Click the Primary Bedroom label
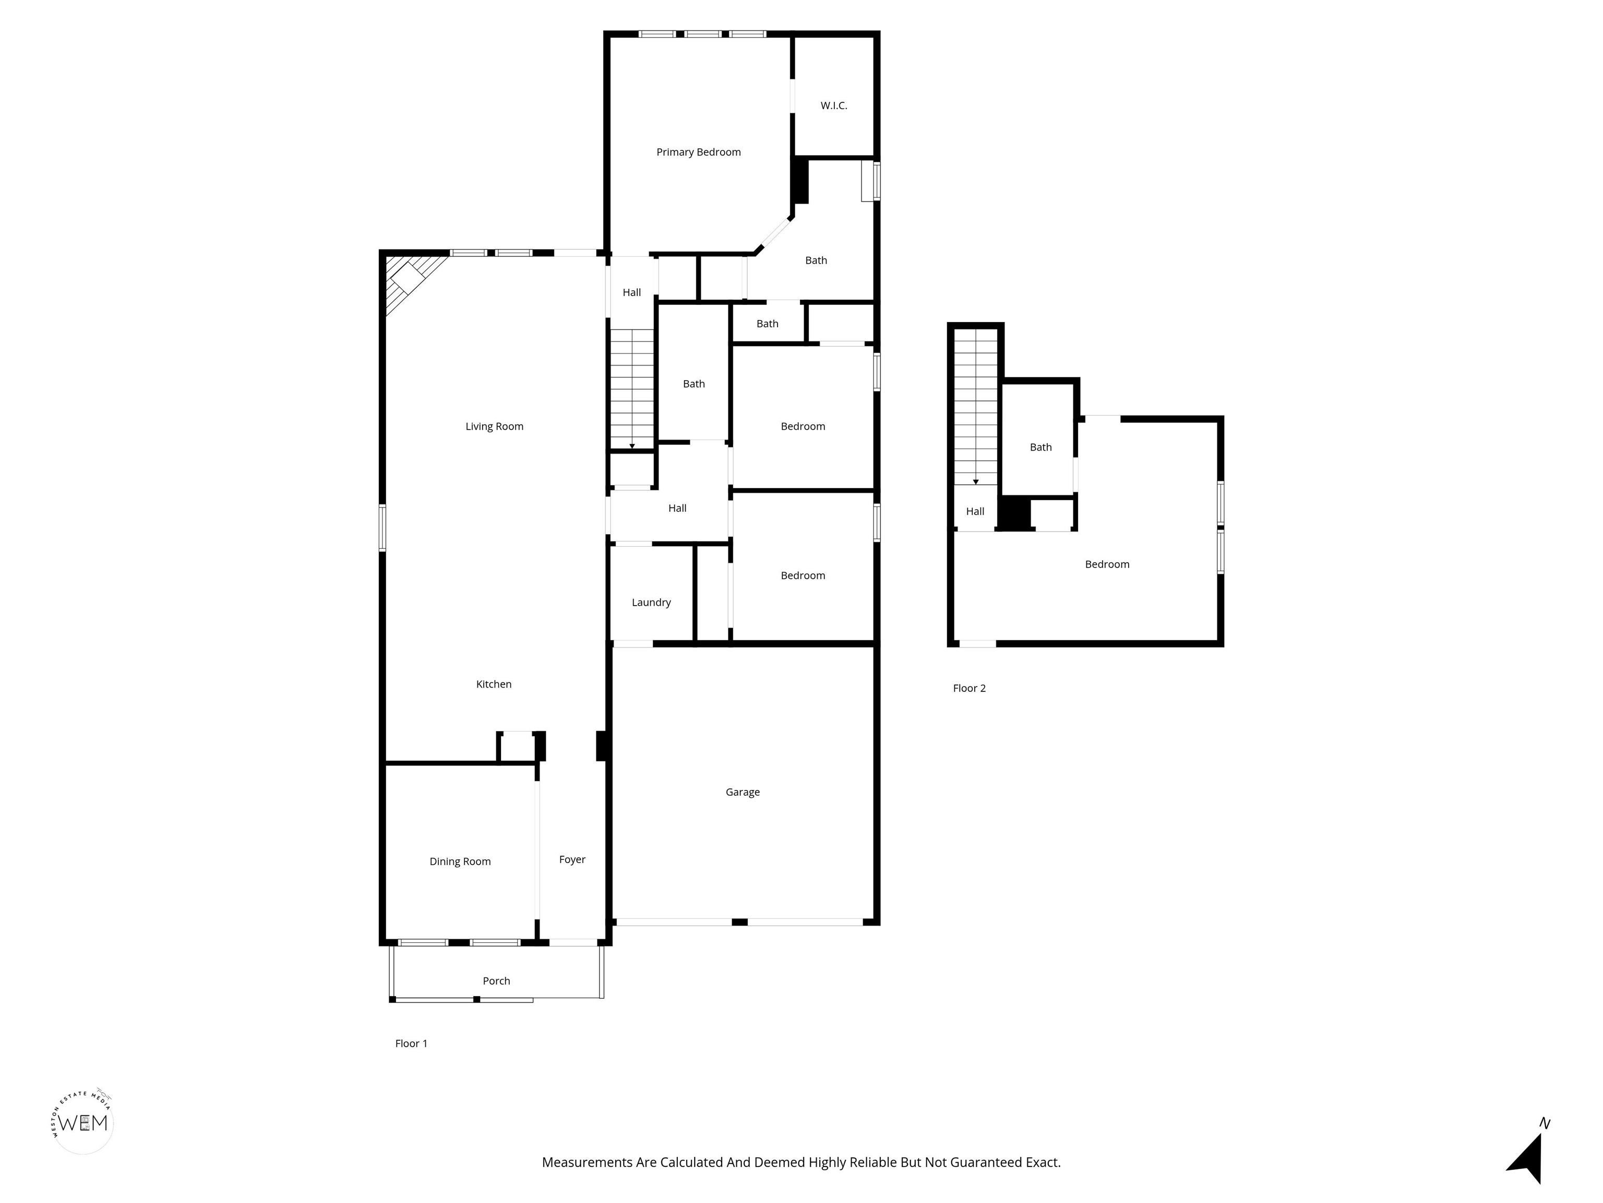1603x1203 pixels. click(x=699, y=152)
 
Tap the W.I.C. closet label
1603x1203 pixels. click(x=833, y=106)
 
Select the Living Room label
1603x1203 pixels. click(x=494, y=427)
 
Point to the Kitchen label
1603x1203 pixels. click(x=494, y=685)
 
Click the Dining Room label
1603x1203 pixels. click(x=460, y=862)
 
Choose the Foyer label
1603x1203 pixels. click(x=572, y=860)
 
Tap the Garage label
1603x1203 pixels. click(x=743, y=793)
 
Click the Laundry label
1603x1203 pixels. click(x=651, y=603)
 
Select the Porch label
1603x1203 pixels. click(x=496, y=981)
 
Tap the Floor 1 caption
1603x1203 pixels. click(x=411, y=1043)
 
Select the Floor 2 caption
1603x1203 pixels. click(x=969, y=688)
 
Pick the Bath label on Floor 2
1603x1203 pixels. click(x=1040, y=447)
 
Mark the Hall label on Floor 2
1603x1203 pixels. click(x=975, y=511)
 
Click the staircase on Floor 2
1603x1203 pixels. click(x=976, y=407)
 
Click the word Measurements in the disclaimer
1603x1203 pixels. click(x=587, y=1162)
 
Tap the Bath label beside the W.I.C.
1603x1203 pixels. click(x=816, y=261)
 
